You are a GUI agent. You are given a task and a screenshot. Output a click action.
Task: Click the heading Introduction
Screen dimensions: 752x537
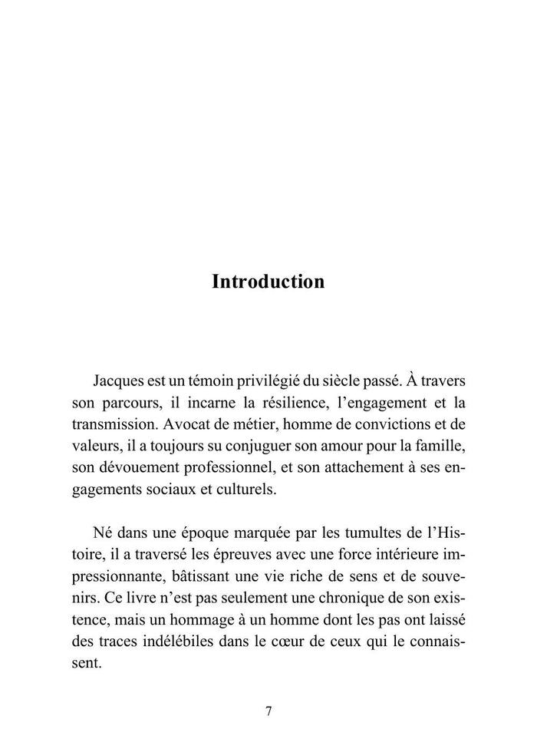tap(268, 282)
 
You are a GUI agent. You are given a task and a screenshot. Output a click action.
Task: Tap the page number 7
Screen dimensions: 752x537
tap(268, 711)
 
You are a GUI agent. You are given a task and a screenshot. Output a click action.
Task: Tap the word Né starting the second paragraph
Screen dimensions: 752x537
tap(102, 531)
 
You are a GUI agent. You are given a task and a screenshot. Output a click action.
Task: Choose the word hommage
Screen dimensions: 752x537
tap(199, 618)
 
